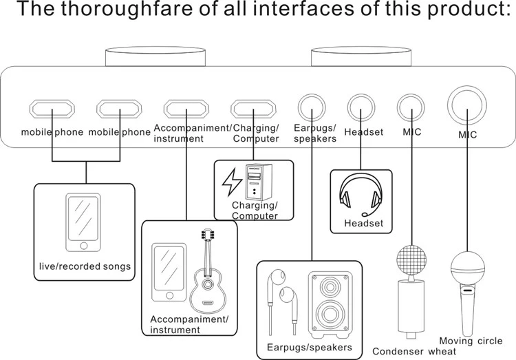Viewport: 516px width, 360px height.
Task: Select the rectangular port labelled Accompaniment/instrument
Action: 186,109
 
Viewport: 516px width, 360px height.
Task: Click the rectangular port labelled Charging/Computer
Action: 254,109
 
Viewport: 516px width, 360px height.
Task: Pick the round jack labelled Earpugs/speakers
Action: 312,107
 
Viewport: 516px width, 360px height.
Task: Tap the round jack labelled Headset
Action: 362,107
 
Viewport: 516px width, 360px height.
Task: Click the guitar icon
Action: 206,272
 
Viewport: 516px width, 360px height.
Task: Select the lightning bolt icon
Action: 230,182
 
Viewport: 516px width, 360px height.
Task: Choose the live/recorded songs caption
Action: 85,266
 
